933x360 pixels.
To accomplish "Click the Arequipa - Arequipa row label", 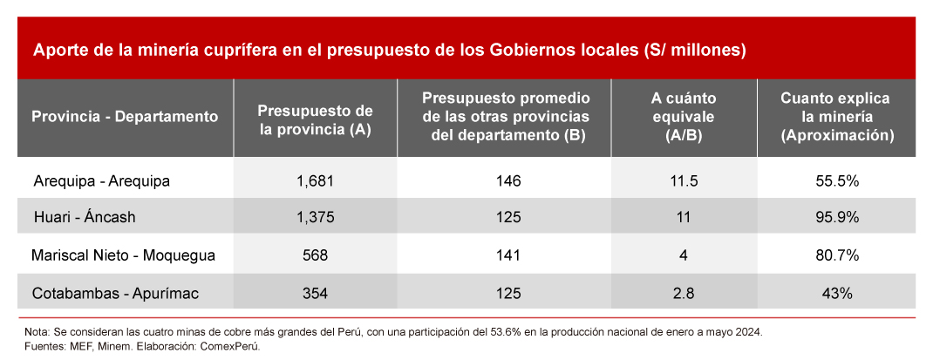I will pos(101,181).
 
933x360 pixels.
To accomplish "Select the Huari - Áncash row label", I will pos(84,216).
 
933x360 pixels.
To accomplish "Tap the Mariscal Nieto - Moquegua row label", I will pos(122,255).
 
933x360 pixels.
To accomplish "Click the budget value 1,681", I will pos(315,181).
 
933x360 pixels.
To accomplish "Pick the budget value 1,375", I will pos(315,216).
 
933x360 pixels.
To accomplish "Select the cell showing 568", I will pos(315,255).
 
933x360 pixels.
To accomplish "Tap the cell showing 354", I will pos(315,294).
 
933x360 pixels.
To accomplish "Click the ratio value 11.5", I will pos(683,181).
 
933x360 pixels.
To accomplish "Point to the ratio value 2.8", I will pos(683,294).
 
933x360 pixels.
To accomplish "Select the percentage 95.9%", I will pos(836,216).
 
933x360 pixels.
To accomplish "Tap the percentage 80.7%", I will pos(836,255).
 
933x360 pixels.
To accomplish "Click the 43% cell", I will pos(836,294).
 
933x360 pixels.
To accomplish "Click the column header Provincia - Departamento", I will pos(124,116).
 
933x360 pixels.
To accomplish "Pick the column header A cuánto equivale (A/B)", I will pos(683,116).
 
